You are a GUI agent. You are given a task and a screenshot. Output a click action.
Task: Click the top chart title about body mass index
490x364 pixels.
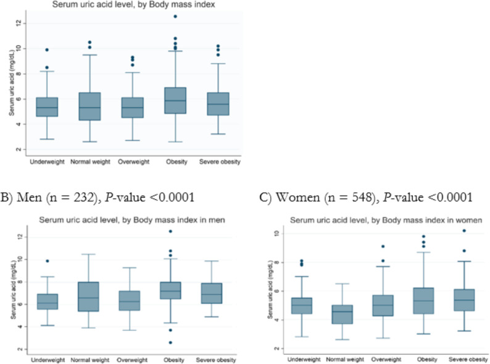(x=133, y=4)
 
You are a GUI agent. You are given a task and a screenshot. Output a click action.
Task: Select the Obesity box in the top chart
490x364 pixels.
(x=175, y=101)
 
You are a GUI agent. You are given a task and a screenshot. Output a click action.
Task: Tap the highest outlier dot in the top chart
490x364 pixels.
(x=175, y=16)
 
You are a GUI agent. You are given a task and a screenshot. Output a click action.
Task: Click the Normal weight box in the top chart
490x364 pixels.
(x=89, y=106)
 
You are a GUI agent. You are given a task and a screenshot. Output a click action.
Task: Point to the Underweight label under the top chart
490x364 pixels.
(x=47, y=162)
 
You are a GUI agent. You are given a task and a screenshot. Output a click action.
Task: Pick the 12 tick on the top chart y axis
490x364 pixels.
(x=19, y=23)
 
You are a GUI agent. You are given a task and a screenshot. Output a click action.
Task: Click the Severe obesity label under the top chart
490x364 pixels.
(x=220, y=162)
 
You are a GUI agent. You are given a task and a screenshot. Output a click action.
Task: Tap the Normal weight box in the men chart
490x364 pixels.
(x=89, y=297)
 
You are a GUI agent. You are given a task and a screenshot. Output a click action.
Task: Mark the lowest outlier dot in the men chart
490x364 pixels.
(x=170, y=343)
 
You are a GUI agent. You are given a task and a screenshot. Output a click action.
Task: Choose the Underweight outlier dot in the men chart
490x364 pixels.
(x=48, y=261)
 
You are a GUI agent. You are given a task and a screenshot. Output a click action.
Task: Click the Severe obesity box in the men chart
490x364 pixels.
(x=212, y=294)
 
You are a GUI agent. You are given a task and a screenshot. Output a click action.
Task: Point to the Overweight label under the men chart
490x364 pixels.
(x=132, y=360)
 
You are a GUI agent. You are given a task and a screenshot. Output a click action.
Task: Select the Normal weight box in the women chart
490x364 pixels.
(x=342, y=314)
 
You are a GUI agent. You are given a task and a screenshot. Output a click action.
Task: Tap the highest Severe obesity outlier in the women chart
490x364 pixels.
(x=464, y=231)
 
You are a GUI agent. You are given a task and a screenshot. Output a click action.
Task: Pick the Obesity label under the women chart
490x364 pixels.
(x=427, y=359)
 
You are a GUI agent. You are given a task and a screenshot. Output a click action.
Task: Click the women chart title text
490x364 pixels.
(x=386, y=221)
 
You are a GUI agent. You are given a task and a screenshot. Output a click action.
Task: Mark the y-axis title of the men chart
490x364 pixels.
(x=14, y=290)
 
